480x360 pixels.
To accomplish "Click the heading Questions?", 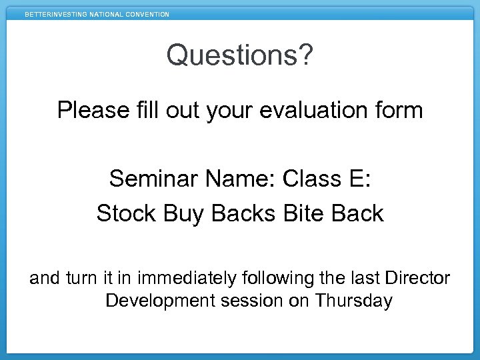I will [x=239, y=55].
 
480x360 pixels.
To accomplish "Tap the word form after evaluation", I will [x=398, y=110].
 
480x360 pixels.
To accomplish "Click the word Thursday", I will [x=354, y=301].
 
